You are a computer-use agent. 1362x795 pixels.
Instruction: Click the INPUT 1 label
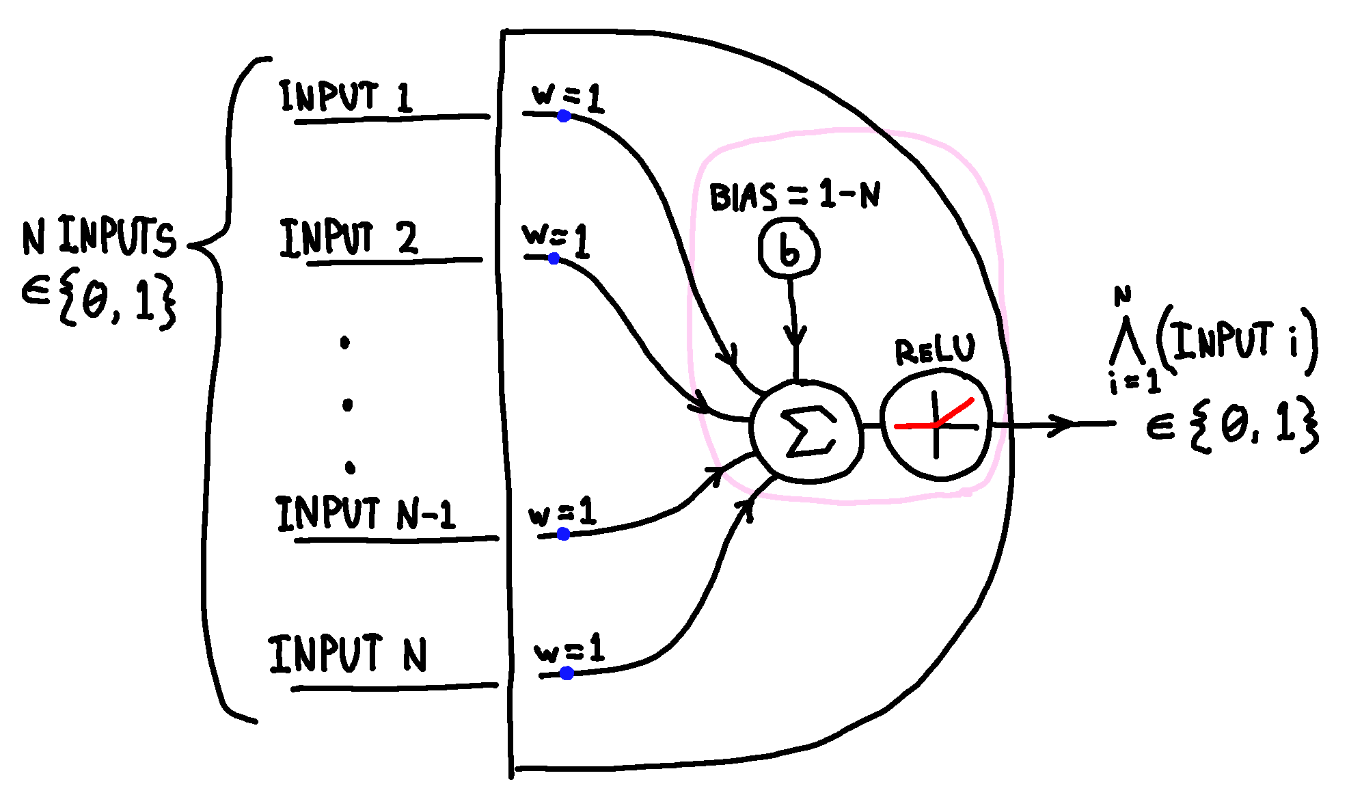[346, 96]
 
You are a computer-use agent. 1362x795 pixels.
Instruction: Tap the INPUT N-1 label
[365, 514]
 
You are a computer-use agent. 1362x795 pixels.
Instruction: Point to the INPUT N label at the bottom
[347, 653]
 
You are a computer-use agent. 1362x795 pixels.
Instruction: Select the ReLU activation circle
[936, 425]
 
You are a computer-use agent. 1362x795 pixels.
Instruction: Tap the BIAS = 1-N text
[794, 196]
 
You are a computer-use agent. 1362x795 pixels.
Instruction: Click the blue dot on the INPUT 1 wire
[564, 116]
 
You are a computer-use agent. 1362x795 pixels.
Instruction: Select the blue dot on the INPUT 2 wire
[554, 258]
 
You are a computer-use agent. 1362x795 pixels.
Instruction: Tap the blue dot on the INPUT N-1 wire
[563, 534]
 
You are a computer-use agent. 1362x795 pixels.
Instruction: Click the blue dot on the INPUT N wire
[567, 673]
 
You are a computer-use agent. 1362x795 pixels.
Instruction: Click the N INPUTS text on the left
[99, 237]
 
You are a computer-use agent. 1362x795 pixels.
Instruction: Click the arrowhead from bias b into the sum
[795, 337]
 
